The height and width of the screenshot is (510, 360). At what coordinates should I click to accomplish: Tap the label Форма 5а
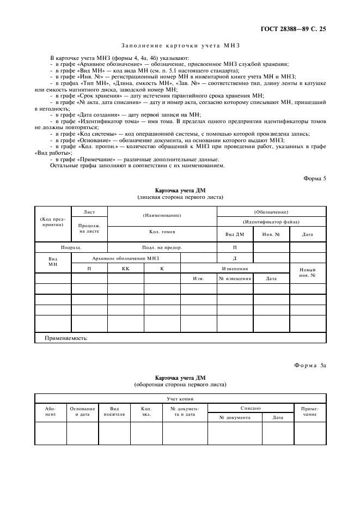[308, 365]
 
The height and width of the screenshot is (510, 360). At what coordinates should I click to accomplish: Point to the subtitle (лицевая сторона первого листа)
[180, 197]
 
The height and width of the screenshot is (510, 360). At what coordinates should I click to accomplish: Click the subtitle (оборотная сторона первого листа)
[180, 384]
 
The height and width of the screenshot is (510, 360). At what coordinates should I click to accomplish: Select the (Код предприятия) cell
[53, 221]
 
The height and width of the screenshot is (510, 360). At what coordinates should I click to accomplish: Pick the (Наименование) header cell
[162, 215]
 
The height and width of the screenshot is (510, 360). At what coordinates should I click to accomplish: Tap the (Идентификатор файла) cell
[271, 222]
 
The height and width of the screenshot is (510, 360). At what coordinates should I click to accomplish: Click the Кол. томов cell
[162, 232]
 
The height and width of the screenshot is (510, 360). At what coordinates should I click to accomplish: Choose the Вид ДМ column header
[235, 234]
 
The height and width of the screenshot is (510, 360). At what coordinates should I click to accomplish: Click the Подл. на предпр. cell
[162, 247]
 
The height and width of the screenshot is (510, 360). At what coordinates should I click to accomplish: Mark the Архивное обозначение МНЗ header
[126, 257]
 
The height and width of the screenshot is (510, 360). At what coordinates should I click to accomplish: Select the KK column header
[125, 268]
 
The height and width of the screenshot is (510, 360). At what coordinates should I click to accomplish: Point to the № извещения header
[235, 278]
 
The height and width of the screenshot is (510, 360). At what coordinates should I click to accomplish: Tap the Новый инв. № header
[308, 272]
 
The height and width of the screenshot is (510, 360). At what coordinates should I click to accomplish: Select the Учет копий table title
[180, 398]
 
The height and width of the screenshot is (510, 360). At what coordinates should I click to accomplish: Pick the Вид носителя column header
[114, 411]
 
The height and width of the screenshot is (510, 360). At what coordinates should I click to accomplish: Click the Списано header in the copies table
[251, 408]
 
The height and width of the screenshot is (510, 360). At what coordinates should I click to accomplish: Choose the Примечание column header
[310, 411]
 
